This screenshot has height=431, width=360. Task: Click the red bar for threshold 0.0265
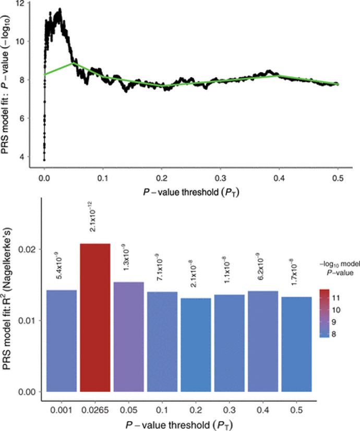click(95, 317)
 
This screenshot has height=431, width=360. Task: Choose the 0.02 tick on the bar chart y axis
click(31, 249)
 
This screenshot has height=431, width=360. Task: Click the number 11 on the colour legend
click(337, 298)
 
